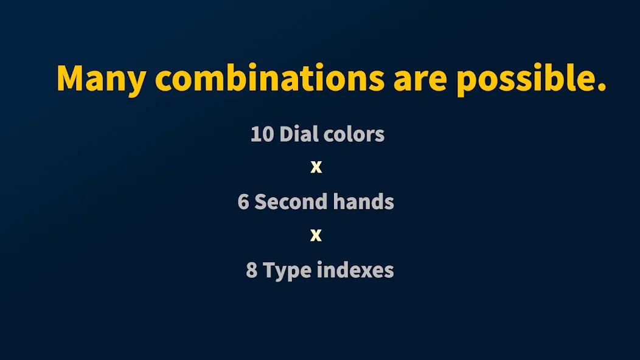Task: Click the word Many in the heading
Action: tap(101, 79)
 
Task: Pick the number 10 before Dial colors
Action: tap(262, 134)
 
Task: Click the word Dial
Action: tap(297, 134)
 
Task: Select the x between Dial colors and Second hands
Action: tap(316, 167)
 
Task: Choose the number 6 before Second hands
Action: tap(243, 202)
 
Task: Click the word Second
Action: tap(291, 201)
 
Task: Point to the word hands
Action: tap(363, 201)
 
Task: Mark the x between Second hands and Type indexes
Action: tap(316, 235)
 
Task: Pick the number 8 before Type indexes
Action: tap(252, 270)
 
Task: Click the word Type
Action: tap(287, 271)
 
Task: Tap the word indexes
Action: tap(355, 269)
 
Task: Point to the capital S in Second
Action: tap(261, 202)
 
